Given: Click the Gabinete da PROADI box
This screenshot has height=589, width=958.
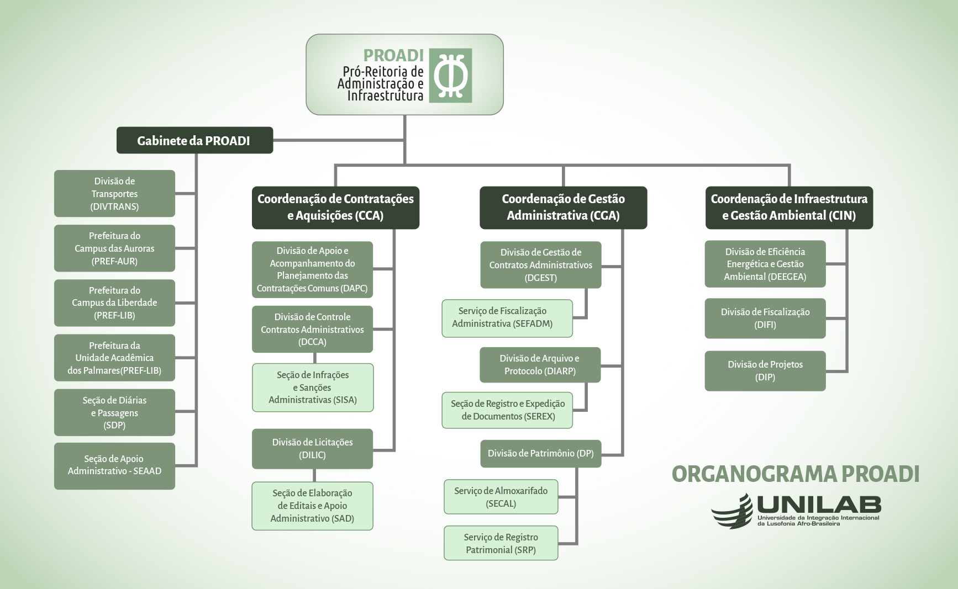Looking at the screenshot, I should click(x=194, y=140).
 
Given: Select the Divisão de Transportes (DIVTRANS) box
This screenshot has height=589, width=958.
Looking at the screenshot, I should click(x=114, y=194).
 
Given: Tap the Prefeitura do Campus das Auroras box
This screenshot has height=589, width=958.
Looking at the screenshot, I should click(x=114, y=248).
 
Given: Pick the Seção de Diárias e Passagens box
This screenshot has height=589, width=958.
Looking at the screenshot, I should click(x=114, y=412).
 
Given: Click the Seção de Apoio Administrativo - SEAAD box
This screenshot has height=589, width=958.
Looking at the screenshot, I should click(x=114, y=465).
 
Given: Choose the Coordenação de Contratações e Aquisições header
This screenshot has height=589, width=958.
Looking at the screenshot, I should click(x=335, y=208).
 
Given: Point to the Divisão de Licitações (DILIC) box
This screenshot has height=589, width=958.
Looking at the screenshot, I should click(x=312, y=449).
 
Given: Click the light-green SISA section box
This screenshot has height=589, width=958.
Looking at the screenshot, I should click(x=313, y=388).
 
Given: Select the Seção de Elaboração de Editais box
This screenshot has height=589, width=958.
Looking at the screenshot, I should click(x=312, y=506).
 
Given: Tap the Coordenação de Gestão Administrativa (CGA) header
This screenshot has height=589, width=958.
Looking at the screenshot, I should click(x=563, y=208).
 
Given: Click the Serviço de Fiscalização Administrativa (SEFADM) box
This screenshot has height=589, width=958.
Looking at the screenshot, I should click(x=507, y=318).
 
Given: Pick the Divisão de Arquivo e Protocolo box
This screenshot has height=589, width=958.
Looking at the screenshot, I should click(x=540, y=365).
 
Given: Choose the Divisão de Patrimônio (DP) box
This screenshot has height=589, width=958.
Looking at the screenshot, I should click(x=540, y=454).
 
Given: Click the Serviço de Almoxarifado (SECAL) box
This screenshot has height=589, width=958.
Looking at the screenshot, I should click(x=501, y=497).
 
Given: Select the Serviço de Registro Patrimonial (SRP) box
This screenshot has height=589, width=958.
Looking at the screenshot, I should click(x=501, y=543).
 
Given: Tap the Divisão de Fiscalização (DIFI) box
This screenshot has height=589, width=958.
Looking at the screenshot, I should click(x=765, y=319).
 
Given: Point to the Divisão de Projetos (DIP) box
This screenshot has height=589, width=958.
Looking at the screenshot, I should click(x=765, y=371).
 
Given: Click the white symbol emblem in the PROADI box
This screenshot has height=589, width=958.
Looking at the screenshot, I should click(x=451, y=76).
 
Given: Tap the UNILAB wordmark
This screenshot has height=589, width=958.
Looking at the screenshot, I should click(x=818, y=505).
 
